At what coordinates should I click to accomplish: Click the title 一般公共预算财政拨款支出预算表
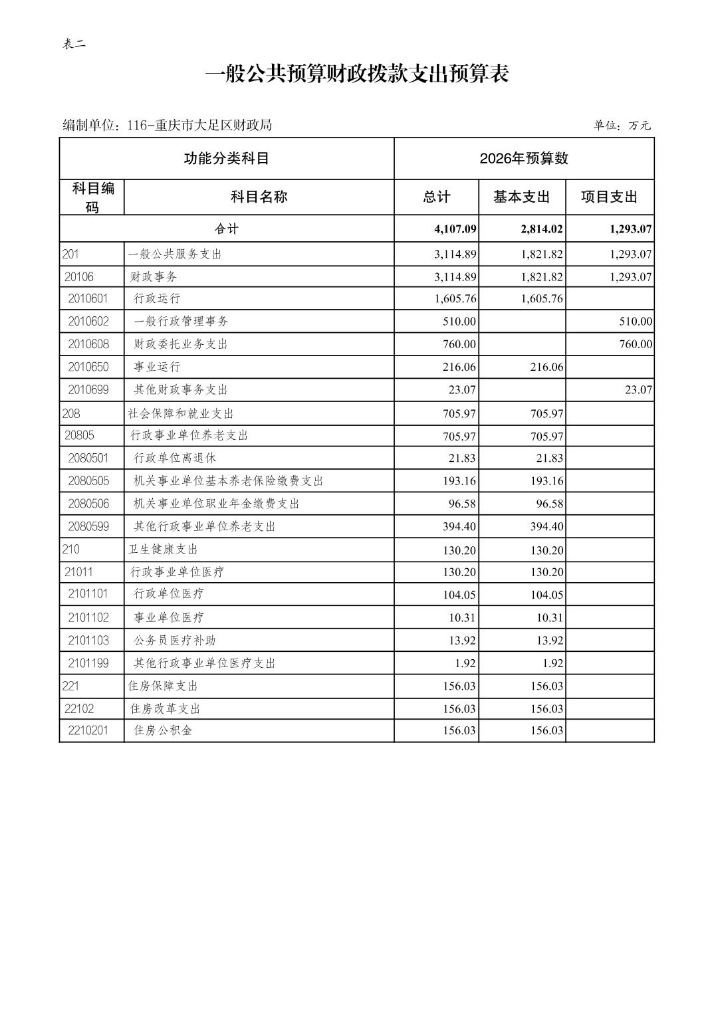(357, 74)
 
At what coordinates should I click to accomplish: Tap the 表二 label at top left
(74, 45)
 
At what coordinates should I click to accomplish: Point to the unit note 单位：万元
(622, 125)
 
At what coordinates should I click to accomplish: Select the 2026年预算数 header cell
(524, 158)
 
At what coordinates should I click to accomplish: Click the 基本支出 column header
(522, 197)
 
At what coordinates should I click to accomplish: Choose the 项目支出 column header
(609, 197)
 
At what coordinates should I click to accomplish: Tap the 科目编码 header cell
(92, 197)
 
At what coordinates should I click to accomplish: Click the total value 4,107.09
(455, 229)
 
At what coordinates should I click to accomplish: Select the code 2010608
(88, 344)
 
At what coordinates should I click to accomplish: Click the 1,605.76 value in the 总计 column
(455, 299)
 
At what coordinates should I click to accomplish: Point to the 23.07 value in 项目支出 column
(638, 390)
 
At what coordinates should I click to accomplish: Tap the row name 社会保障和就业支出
(181, 413)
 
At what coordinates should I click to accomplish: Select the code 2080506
(88, 504)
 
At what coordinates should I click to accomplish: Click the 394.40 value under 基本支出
(547, 527)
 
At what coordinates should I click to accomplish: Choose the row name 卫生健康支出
(163, 550)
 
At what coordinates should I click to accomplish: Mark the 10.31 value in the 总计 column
(461, 618)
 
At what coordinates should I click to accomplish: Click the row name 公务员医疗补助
(175, 641)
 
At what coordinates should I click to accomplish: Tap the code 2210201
(88, 731)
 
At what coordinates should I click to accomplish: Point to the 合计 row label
(226, 229)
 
